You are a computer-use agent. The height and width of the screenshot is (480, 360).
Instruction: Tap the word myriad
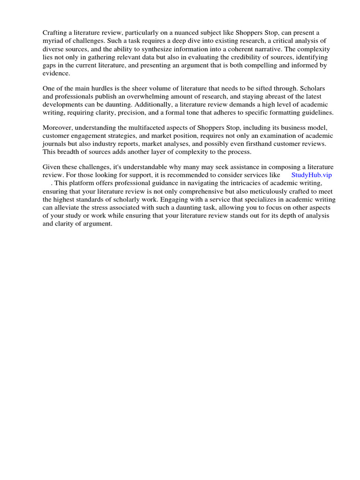pos(53,41)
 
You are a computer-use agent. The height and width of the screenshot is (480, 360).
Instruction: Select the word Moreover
pos(58,127)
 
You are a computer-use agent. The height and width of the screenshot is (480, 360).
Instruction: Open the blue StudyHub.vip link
pos(311,175)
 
